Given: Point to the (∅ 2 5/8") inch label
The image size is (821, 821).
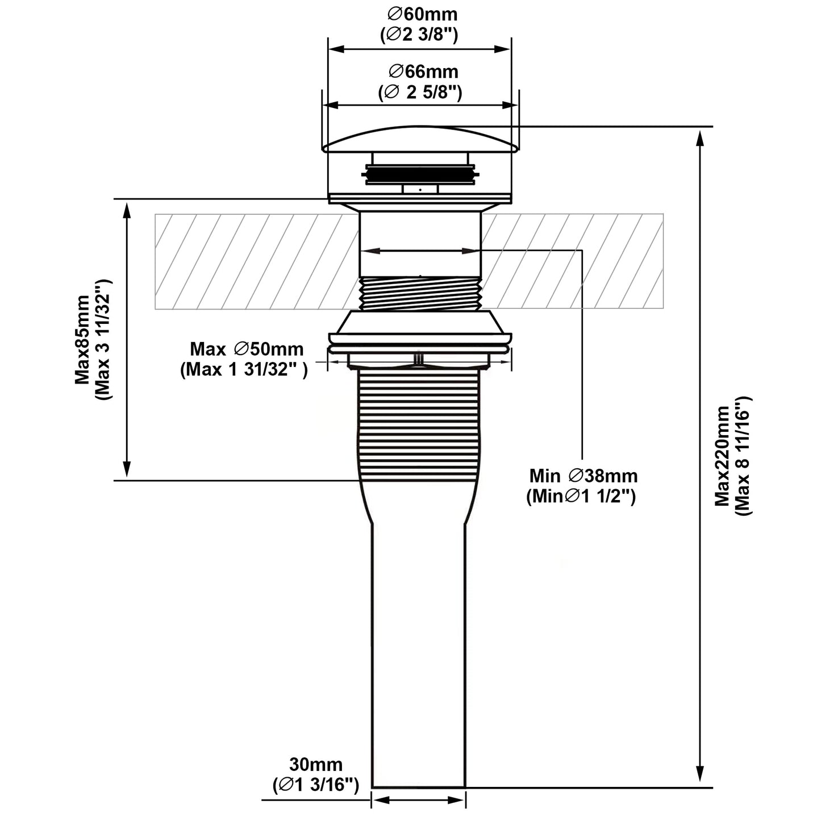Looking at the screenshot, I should pos(420,92).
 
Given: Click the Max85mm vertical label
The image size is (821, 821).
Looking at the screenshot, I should pos(83,340).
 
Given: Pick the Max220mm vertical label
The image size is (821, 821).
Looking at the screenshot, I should pos(722,456).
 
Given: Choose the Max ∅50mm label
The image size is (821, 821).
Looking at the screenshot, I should pos(247,348).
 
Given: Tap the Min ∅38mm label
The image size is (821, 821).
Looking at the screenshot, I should pos(584,476).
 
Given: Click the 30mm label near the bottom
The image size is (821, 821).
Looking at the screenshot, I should pos(316,764).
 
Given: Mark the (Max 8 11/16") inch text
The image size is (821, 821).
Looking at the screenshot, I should pos(743,456).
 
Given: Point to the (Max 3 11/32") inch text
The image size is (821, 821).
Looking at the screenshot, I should pos(104,340).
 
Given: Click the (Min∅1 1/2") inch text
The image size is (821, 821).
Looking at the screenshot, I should pos(581,496).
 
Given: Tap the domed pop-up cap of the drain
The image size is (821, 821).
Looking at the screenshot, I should pos(420,139).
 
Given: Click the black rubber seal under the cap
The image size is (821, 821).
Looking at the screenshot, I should pos(419,174).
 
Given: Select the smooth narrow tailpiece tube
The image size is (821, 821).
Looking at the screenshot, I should pos(418,653).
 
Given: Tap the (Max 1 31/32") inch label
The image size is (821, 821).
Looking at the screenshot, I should pos(244,369).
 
